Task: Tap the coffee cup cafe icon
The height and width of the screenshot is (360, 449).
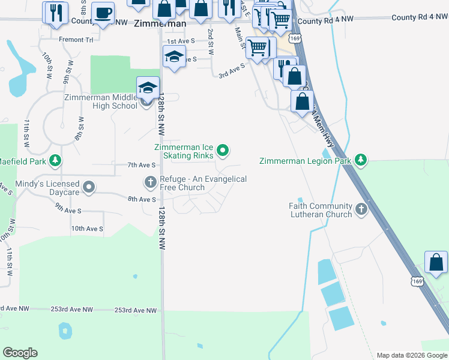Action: [x=103, y=13]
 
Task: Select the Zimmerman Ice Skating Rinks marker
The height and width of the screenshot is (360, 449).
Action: [x=223, y=151]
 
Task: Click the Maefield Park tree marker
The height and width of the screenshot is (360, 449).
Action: [x=55, y=160]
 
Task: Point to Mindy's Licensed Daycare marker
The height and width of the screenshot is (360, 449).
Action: [x=89, y=188]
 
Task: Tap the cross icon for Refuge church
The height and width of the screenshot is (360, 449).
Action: [x=150, y=181]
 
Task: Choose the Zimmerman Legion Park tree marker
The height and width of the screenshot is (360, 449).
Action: [x=360, y=160]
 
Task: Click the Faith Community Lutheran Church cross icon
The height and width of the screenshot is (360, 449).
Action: [x=361, y=209]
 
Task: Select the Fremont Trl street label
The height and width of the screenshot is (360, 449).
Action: [x=76, y=40]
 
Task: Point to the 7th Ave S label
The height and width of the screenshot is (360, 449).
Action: [x=125, y=165]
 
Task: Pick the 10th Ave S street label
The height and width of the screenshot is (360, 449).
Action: [x=87, y=229]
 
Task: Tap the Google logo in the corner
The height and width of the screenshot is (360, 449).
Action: [x=20, y=353]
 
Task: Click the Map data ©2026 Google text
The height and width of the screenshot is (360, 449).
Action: [x=411, y=355]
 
